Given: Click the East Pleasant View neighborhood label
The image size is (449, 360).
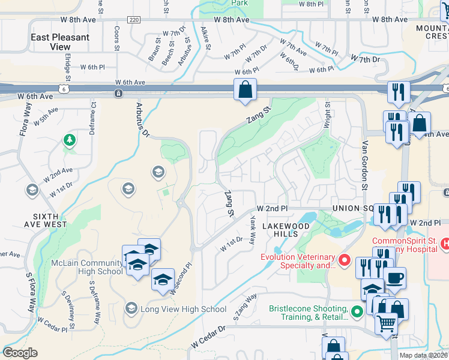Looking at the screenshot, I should point(60,41).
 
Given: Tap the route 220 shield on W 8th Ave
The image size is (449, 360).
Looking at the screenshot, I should point(134,20).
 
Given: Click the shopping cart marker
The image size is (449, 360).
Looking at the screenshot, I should point(386,323).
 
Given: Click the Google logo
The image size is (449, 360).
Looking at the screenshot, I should point(20,353).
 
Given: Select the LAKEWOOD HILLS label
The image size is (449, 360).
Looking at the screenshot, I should point(286,230).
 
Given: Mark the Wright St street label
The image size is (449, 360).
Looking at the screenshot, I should point(328,113).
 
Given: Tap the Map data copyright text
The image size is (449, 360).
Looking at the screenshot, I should point(423,355).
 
